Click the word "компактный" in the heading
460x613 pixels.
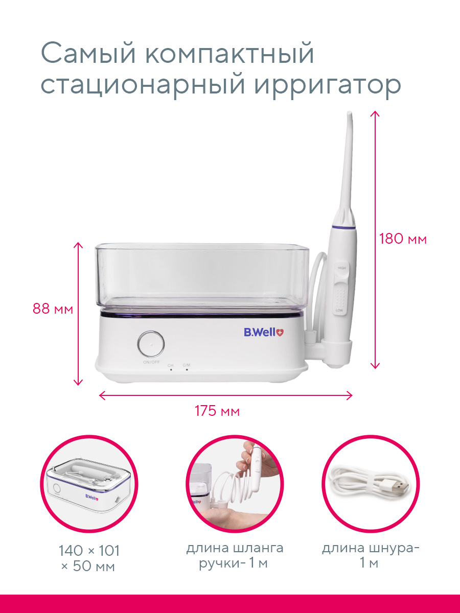tap(229, 53)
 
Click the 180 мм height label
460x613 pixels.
tap(403, 240)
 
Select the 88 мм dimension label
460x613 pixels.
tap(53, 309)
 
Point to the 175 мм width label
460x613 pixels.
tap(217, 411)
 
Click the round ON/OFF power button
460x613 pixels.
tap(151, 344)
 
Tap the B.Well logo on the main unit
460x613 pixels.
tap(264, 332)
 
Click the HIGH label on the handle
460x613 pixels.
tap(342, 268)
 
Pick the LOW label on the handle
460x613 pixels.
tap(339, 310)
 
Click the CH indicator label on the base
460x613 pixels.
tap(170, 365)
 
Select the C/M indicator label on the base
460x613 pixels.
tap(187, 365)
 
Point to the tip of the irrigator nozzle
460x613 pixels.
tap(349, 112)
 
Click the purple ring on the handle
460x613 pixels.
tap(343, 227)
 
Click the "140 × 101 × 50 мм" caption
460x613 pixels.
tap(89, 558)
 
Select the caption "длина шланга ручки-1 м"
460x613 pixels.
tap(235, 556)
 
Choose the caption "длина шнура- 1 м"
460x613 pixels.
tap(371, 556)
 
